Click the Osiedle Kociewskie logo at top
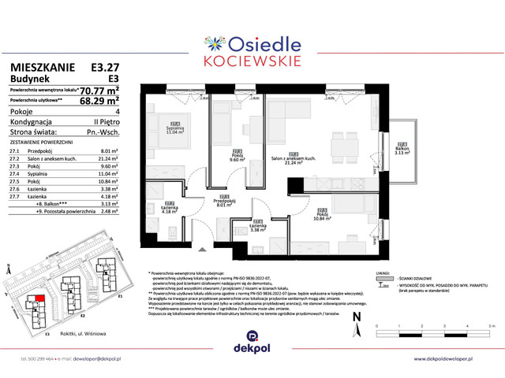(x=252, y=44)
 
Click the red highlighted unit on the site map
(x=33, y=299)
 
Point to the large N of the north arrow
(x=357, y=317)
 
